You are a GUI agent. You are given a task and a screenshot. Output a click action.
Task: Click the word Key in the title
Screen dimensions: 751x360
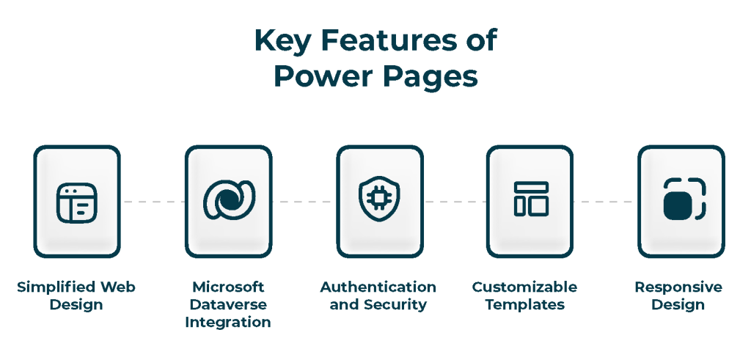click(279, 40)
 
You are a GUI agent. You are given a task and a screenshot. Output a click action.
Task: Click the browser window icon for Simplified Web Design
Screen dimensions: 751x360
click(76, 203)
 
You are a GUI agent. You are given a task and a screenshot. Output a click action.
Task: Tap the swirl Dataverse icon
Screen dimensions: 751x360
click(229, 200)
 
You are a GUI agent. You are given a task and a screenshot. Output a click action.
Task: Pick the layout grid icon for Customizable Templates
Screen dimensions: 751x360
click(531, 199)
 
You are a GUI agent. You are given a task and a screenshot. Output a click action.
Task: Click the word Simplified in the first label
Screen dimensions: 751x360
click(56, 287)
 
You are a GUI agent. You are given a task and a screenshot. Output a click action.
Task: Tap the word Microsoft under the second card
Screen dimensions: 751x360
click(228, 287)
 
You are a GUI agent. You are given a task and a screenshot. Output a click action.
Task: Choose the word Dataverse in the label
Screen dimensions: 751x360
click(228, 304)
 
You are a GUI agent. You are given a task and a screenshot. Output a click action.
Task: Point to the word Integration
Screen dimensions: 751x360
click(228, 323)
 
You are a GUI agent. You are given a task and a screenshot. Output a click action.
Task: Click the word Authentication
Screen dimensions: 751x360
click(378, 287)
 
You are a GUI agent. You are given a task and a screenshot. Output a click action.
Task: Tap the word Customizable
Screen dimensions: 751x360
click(524, 287)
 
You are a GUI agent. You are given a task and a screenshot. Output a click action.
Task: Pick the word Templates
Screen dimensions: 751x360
click(525, 305)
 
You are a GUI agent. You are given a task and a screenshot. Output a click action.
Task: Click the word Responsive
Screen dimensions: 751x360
click(678, 287)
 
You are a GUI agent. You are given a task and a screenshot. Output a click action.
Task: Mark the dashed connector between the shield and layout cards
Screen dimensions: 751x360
click(455, 202)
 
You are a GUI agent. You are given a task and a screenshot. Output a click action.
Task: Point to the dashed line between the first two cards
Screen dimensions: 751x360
click(153, 202)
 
